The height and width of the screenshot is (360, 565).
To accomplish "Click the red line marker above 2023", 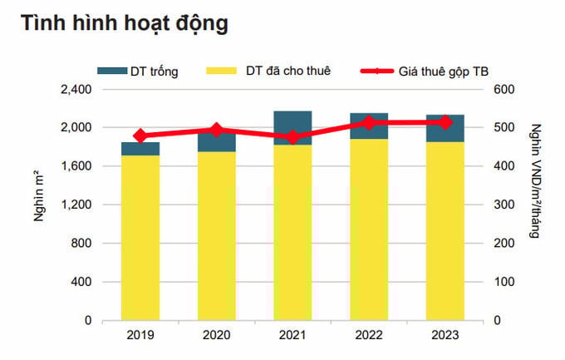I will click(445, 122).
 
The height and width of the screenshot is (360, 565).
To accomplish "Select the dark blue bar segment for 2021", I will click(293, 128).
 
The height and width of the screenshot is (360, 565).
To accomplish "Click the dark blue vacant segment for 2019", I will click(140, 149).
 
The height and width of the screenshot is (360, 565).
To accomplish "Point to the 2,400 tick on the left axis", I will click(76, 90).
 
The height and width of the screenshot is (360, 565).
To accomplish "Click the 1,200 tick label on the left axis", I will click(76, 205).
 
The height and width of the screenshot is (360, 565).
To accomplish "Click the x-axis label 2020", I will click(217, 336).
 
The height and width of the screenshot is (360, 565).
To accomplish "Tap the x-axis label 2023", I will click(445, 336).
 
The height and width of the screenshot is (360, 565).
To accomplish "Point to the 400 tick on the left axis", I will click(81, 282).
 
